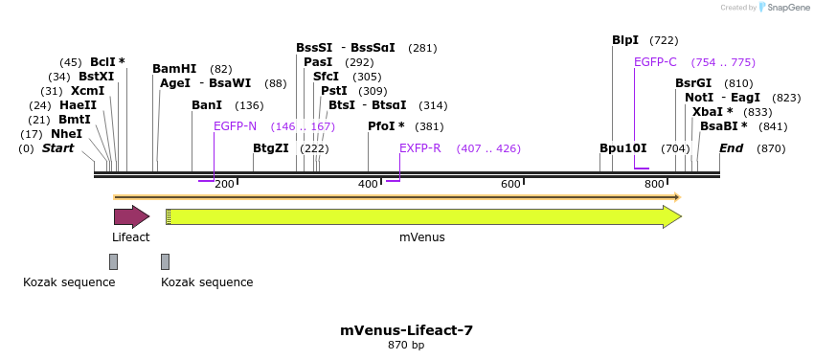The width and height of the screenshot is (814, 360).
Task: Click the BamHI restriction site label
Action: [174, 69]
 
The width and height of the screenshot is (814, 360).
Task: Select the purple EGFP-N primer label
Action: [235, 126]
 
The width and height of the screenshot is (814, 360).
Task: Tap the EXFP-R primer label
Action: [419, 148]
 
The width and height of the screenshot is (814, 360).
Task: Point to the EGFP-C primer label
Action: [655, 62]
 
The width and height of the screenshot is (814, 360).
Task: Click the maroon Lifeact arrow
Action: [131, 216]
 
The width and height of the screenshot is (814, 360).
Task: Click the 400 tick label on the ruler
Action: [368, 184]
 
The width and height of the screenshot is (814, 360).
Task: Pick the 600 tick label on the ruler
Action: [510, 184]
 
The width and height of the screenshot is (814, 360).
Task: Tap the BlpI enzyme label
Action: [625, 40]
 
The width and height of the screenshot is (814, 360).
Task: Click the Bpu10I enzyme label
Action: [623, 148]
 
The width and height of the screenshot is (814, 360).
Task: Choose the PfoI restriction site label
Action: [386, 126]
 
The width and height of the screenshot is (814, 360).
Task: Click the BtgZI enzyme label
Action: [271, 148]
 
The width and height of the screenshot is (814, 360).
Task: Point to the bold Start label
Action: [57, 148]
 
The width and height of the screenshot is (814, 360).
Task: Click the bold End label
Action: [731, 148]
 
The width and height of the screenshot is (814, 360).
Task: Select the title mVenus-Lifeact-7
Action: [406, 330]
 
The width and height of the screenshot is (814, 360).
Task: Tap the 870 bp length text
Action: [406, 345]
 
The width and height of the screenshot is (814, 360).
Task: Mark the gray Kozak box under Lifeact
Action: [114, 261]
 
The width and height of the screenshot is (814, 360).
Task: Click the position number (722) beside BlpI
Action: [664, 40]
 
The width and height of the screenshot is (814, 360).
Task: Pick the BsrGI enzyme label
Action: [693, 83]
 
